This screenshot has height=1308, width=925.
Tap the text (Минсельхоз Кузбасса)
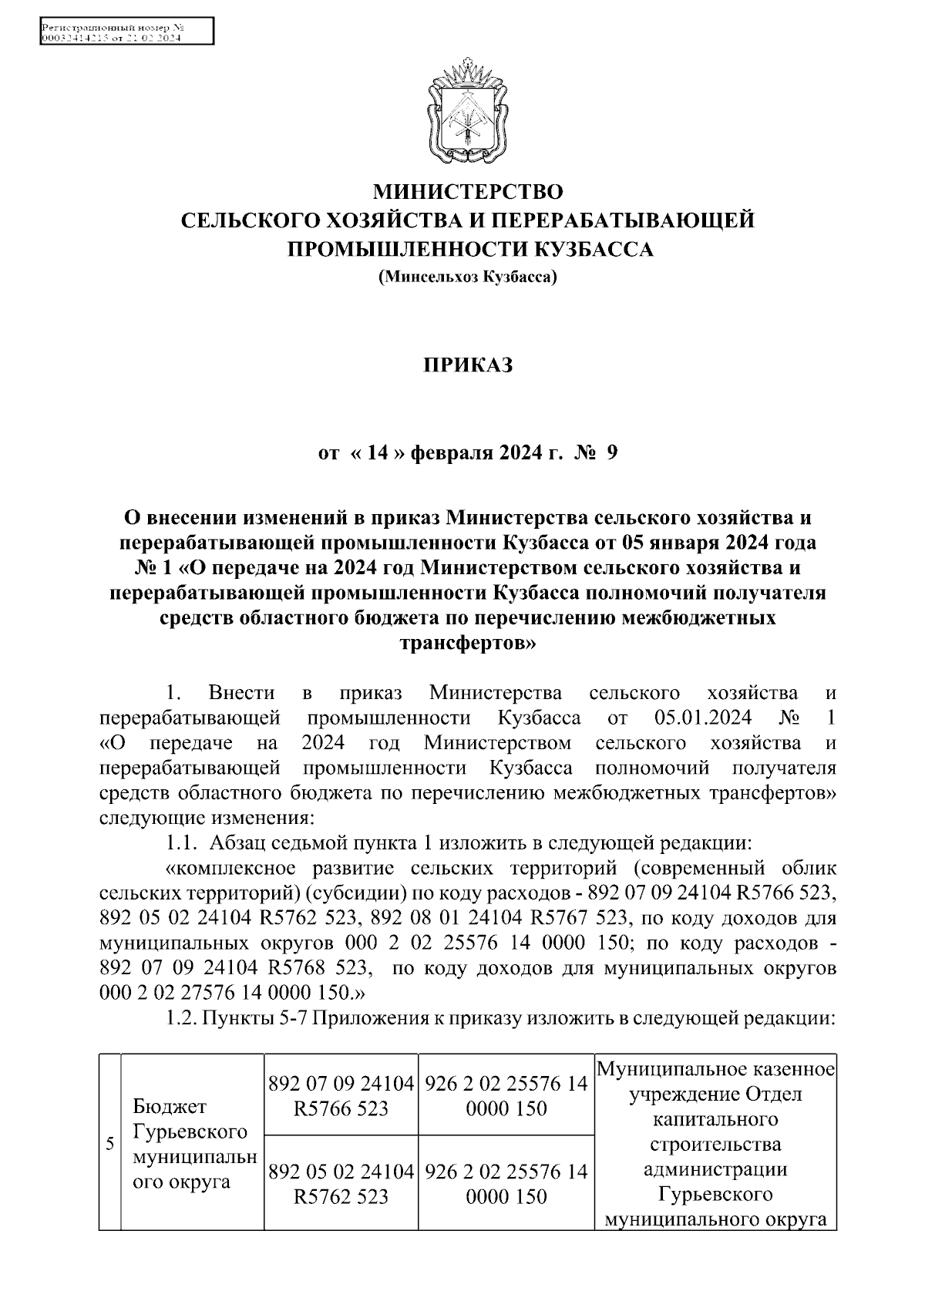tap(467, 276)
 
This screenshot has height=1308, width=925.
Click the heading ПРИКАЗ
tap(467, 365)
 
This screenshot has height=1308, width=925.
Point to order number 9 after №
tap(611, 453)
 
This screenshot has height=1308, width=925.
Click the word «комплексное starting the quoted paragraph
tap(234, 868)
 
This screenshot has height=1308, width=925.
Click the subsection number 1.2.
tap(183, 1017)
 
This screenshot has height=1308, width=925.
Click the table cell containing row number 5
tap(110, 1143)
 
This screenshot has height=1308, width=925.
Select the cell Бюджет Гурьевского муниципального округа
tap(193, 1143)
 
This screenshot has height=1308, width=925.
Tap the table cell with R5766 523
tap(341, 1095)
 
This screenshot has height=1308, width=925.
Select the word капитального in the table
tap(715, 1118)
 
